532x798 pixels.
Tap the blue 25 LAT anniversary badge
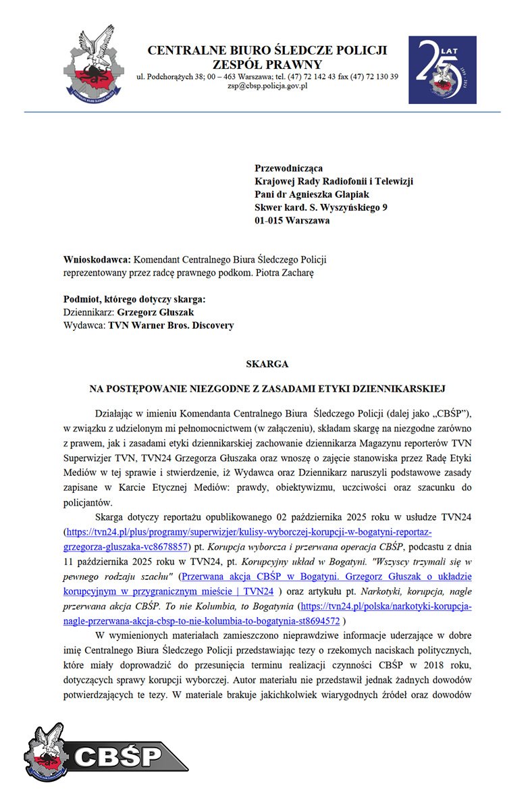[x=442, y=70]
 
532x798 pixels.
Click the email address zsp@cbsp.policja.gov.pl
[x=267, y=86]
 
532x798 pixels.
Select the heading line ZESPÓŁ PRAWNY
[x=267, y=64]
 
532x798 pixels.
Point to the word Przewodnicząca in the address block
[x=288, y=167]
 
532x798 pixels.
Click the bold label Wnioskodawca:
[x=97, y=259]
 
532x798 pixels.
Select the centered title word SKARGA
[x=267, y=364]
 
